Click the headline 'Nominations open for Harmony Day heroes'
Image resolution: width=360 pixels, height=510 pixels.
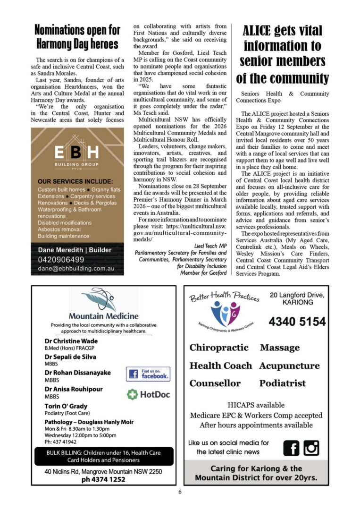pyautogui.click(x=77, y=37)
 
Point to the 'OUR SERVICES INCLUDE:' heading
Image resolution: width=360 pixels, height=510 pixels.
pyautogui.click(x=75, y=181)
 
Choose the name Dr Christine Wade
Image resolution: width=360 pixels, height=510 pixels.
pyautogui.click(x=71, y=341)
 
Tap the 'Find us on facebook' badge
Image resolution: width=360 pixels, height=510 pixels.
pyautogui.click(x=148, y=374)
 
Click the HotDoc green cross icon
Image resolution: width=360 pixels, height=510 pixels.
pyautogui.click(x=133, y=394)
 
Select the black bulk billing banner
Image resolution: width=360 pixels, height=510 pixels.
pyautogui.click(x=97, y=456)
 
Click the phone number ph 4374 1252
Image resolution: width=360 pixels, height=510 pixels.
pyautogui.click(x=103, y=479)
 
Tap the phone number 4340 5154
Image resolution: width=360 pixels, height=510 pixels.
pyautogui.click(x=297, y=322)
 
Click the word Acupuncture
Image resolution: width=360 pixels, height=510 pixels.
pyautogui.click(x=289, y=365)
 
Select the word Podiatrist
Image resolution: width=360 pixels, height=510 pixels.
pyautogui.click(x=282, y=383)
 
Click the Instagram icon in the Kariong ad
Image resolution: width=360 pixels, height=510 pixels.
pyautogui.click(x=311, y=447)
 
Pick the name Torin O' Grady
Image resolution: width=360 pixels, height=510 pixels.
pyautogui.click(x=66, y=406)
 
